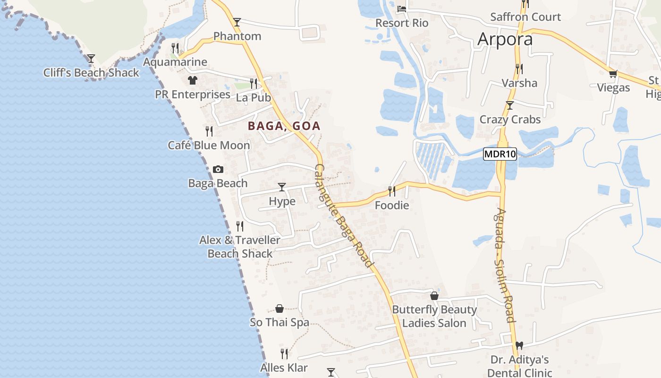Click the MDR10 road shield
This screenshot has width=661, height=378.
coord(500,154)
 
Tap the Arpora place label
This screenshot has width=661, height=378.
coord(505,39)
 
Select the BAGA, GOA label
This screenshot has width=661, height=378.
coord(284,126)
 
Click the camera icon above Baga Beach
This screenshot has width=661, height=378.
coord(218,169)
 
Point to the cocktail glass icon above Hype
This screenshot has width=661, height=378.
coord(282,187)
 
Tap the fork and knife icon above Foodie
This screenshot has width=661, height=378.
coord(392,191)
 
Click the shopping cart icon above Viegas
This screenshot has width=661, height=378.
coord(613,74)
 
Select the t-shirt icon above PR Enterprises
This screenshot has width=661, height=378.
coord(192,80)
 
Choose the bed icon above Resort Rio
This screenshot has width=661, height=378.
coord(402,9)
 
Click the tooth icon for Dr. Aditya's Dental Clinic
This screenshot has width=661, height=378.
coord(519,346)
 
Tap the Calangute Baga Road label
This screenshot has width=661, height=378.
coord(344,216)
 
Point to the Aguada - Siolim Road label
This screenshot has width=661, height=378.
coord(505,265)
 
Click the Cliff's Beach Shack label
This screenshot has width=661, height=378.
coord(91,73)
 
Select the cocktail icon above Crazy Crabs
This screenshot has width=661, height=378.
coord(509,105)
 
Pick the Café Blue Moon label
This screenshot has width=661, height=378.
coord(209,145)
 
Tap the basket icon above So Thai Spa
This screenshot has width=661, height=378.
coord(280,309)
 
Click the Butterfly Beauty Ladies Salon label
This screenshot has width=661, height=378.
coord(434,316)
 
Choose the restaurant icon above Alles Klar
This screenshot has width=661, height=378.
coord(284,353)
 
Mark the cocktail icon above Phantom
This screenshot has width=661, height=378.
coord(237,22)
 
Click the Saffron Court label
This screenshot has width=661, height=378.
coord(525,17)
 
